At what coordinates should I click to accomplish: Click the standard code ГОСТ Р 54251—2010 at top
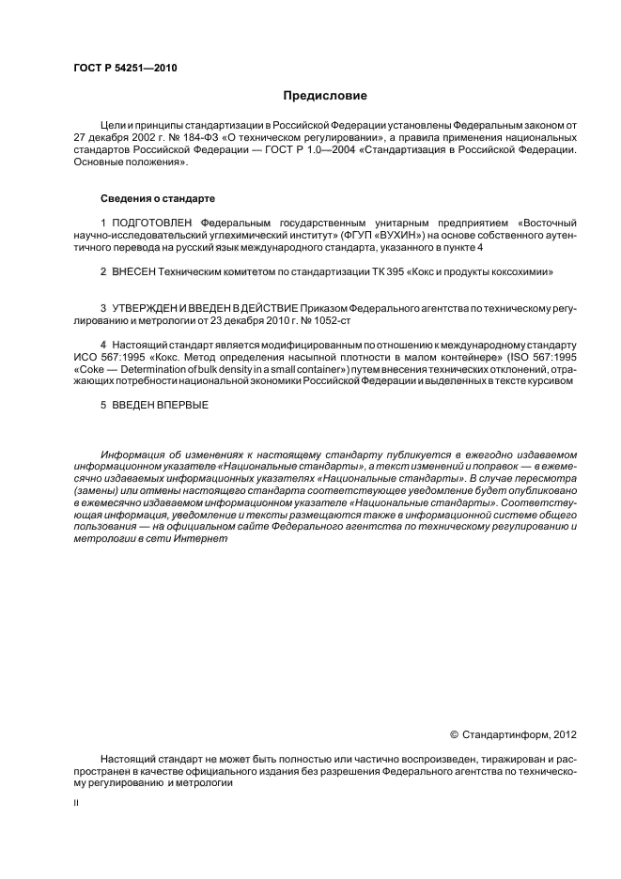click(x=124, y=69)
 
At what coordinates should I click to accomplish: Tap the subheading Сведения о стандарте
click(x=158, y=199)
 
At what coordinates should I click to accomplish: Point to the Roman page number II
click(x=76, y=805)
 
